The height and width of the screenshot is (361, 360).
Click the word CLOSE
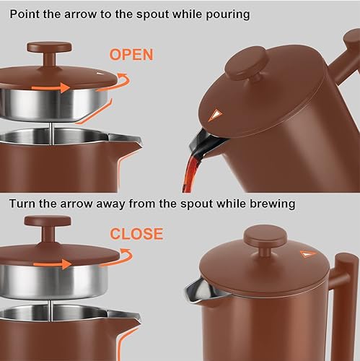136,233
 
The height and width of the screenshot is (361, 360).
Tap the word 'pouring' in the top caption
224,14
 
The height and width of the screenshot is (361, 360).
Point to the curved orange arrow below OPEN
125,79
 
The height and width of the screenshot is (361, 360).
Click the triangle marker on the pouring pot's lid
214,115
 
